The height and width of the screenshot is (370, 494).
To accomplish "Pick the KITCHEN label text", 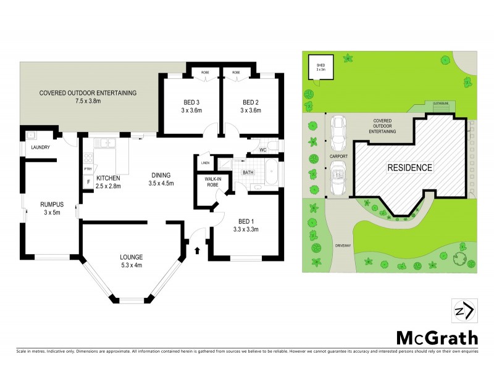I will [109, 178].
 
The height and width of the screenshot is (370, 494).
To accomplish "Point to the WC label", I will [262, 150].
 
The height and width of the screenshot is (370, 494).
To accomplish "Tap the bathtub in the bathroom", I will [272, 173].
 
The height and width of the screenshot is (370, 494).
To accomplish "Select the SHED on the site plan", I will [320, 67].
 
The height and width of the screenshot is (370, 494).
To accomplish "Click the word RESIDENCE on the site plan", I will [409, 168].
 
